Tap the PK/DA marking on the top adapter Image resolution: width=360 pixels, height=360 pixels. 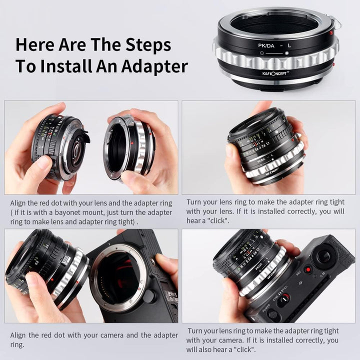(x=266, y=45)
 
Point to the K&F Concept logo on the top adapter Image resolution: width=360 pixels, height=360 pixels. (x=275, y=73)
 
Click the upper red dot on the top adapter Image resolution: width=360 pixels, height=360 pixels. (x=331, y=33)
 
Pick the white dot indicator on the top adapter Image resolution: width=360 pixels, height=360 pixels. (x=286, y=53)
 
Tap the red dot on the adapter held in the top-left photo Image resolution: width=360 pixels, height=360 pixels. (x=132, y=143)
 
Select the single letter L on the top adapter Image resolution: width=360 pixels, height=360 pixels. (x=289, y=45)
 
